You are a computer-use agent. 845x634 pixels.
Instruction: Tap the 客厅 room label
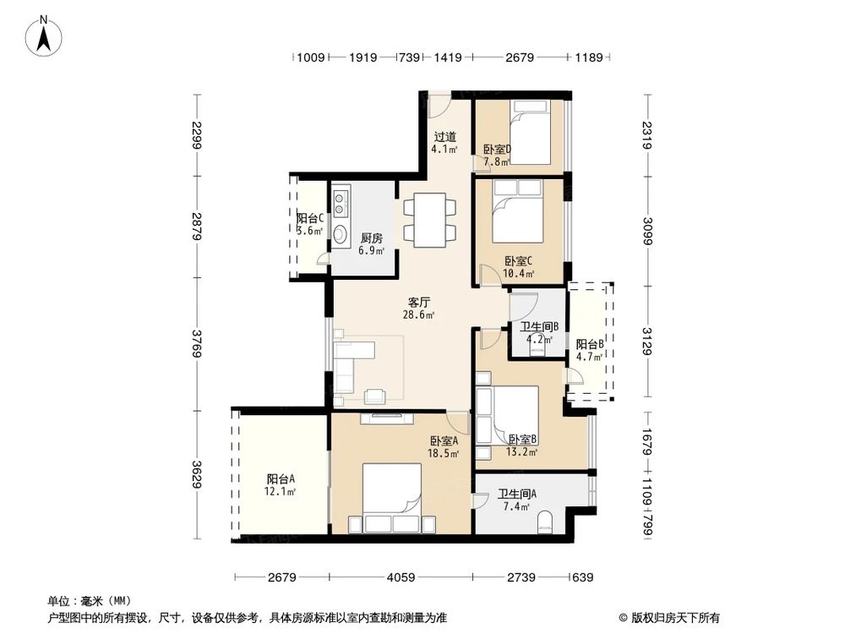pos(420,302)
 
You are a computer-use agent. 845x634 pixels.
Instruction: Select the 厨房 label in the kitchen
pos(372,239)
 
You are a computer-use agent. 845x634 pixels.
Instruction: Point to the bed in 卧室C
pos(515,212)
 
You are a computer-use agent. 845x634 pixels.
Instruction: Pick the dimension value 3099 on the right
pos(648,230)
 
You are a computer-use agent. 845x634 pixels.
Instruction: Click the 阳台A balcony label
pos(281,479)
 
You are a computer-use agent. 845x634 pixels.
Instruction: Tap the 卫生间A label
pos(513,495)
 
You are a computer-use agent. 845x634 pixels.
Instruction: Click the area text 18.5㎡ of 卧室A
pos(444,453)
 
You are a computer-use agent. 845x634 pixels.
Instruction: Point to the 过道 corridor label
pos(445,137)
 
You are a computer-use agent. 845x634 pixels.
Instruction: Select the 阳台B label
pos(589,345)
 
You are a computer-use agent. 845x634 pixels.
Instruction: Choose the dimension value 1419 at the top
pos(447,57)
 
